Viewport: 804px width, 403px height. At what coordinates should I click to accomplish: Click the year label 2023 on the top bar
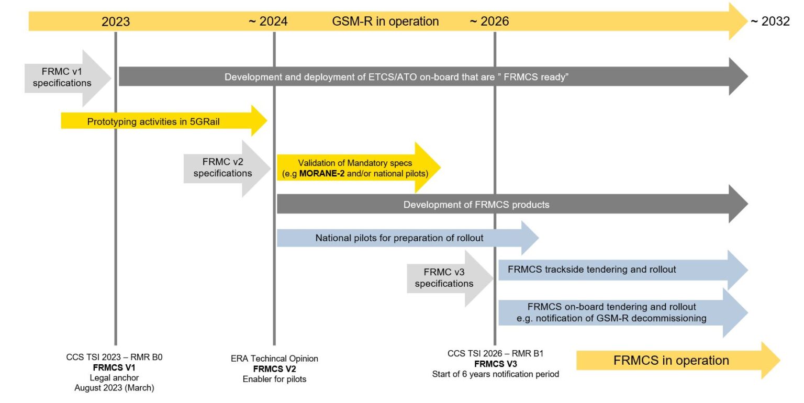[116, 21]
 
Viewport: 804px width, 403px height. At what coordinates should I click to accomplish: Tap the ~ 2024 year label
[267, 21]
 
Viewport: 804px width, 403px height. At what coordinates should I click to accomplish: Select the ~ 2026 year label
[489, 21]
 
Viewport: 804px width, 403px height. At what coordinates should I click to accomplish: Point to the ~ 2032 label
[770, 21]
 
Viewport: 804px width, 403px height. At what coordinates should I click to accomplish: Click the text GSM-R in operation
[385, 21]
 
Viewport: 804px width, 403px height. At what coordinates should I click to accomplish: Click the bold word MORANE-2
[321, 173]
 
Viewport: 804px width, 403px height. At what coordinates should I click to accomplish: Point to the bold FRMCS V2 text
[274, 368]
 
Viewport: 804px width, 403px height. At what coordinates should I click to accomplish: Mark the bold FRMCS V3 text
[495, 364]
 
